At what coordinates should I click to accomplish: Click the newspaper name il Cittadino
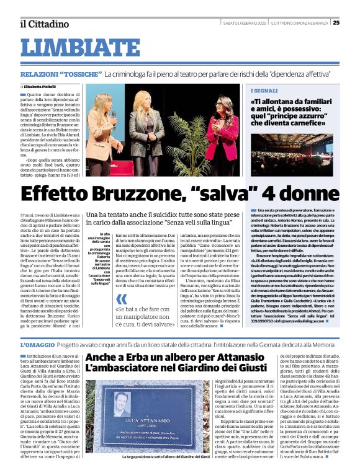tap(43, 24)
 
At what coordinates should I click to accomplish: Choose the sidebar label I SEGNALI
tap(265, 90)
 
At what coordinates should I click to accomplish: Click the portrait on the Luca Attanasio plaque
tap(122, 402)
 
